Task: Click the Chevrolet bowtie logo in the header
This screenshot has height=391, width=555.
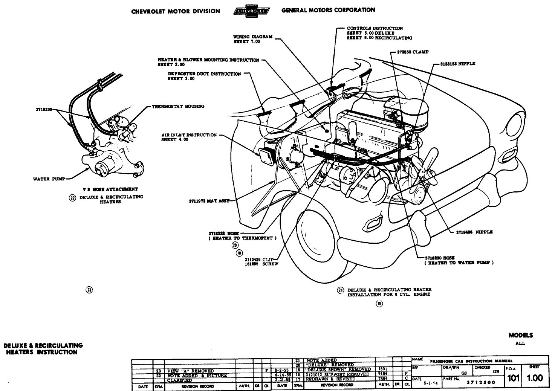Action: [252, 11]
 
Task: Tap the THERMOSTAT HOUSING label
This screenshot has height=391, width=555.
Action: [178, 106]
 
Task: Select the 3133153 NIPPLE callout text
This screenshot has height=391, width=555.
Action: [457, 64]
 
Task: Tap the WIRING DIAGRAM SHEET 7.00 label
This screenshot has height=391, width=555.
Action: [247, 39]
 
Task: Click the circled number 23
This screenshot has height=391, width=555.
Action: [89, 290]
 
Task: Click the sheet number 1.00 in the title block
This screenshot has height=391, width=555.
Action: [535, 378]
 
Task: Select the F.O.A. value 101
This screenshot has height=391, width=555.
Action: [513, 378]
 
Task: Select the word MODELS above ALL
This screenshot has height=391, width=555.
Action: [521, 335]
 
